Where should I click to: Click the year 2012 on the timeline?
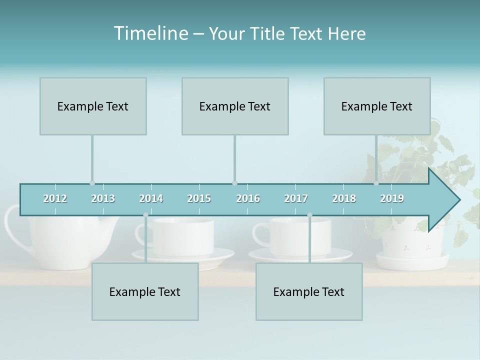(x=55, y=198)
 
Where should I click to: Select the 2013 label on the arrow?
(x=103, y=198)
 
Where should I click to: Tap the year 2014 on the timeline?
(x=151, y=198)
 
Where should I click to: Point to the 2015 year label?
(x=199, y=198)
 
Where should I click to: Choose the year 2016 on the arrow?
(x=248, y=198)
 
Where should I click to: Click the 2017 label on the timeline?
(x=296, y=198)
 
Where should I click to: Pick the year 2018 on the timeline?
(x=344, y=198)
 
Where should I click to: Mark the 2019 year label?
(x=392, y=198)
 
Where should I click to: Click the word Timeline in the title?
(x=150, y=33)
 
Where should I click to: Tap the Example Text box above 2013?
(x=93, y=106)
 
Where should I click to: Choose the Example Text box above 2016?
(x=235, y=106)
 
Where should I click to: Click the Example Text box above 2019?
(x=377, y=106)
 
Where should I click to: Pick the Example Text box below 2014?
(x=145, y=291)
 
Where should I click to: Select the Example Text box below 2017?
(x=309, y=291)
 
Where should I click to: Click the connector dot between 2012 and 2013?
(x=92, y=183)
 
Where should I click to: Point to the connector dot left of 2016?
(x=234, y=183)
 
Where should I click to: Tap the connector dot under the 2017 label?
(x=309, y=215)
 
